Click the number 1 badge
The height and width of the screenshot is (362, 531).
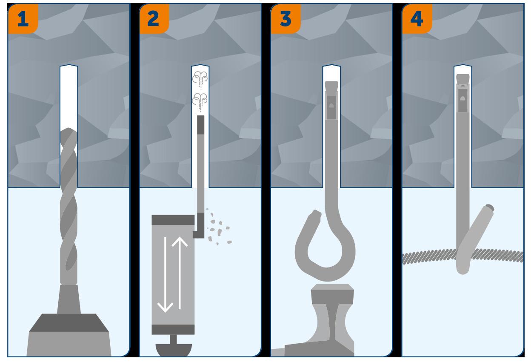point(23,18)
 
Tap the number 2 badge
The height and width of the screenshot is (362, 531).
point(154,18)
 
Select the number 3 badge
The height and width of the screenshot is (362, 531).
point(285,18)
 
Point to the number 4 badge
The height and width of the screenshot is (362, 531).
point(417,18)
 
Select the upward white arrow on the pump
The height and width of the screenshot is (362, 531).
point(180,273)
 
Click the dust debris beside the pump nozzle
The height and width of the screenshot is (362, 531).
point(219,227)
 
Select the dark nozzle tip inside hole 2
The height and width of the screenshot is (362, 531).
point(200,125)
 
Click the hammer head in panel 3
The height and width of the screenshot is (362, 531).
point(332,294)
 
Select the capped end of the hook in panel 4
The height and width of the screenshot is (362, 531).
point(489,208)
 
